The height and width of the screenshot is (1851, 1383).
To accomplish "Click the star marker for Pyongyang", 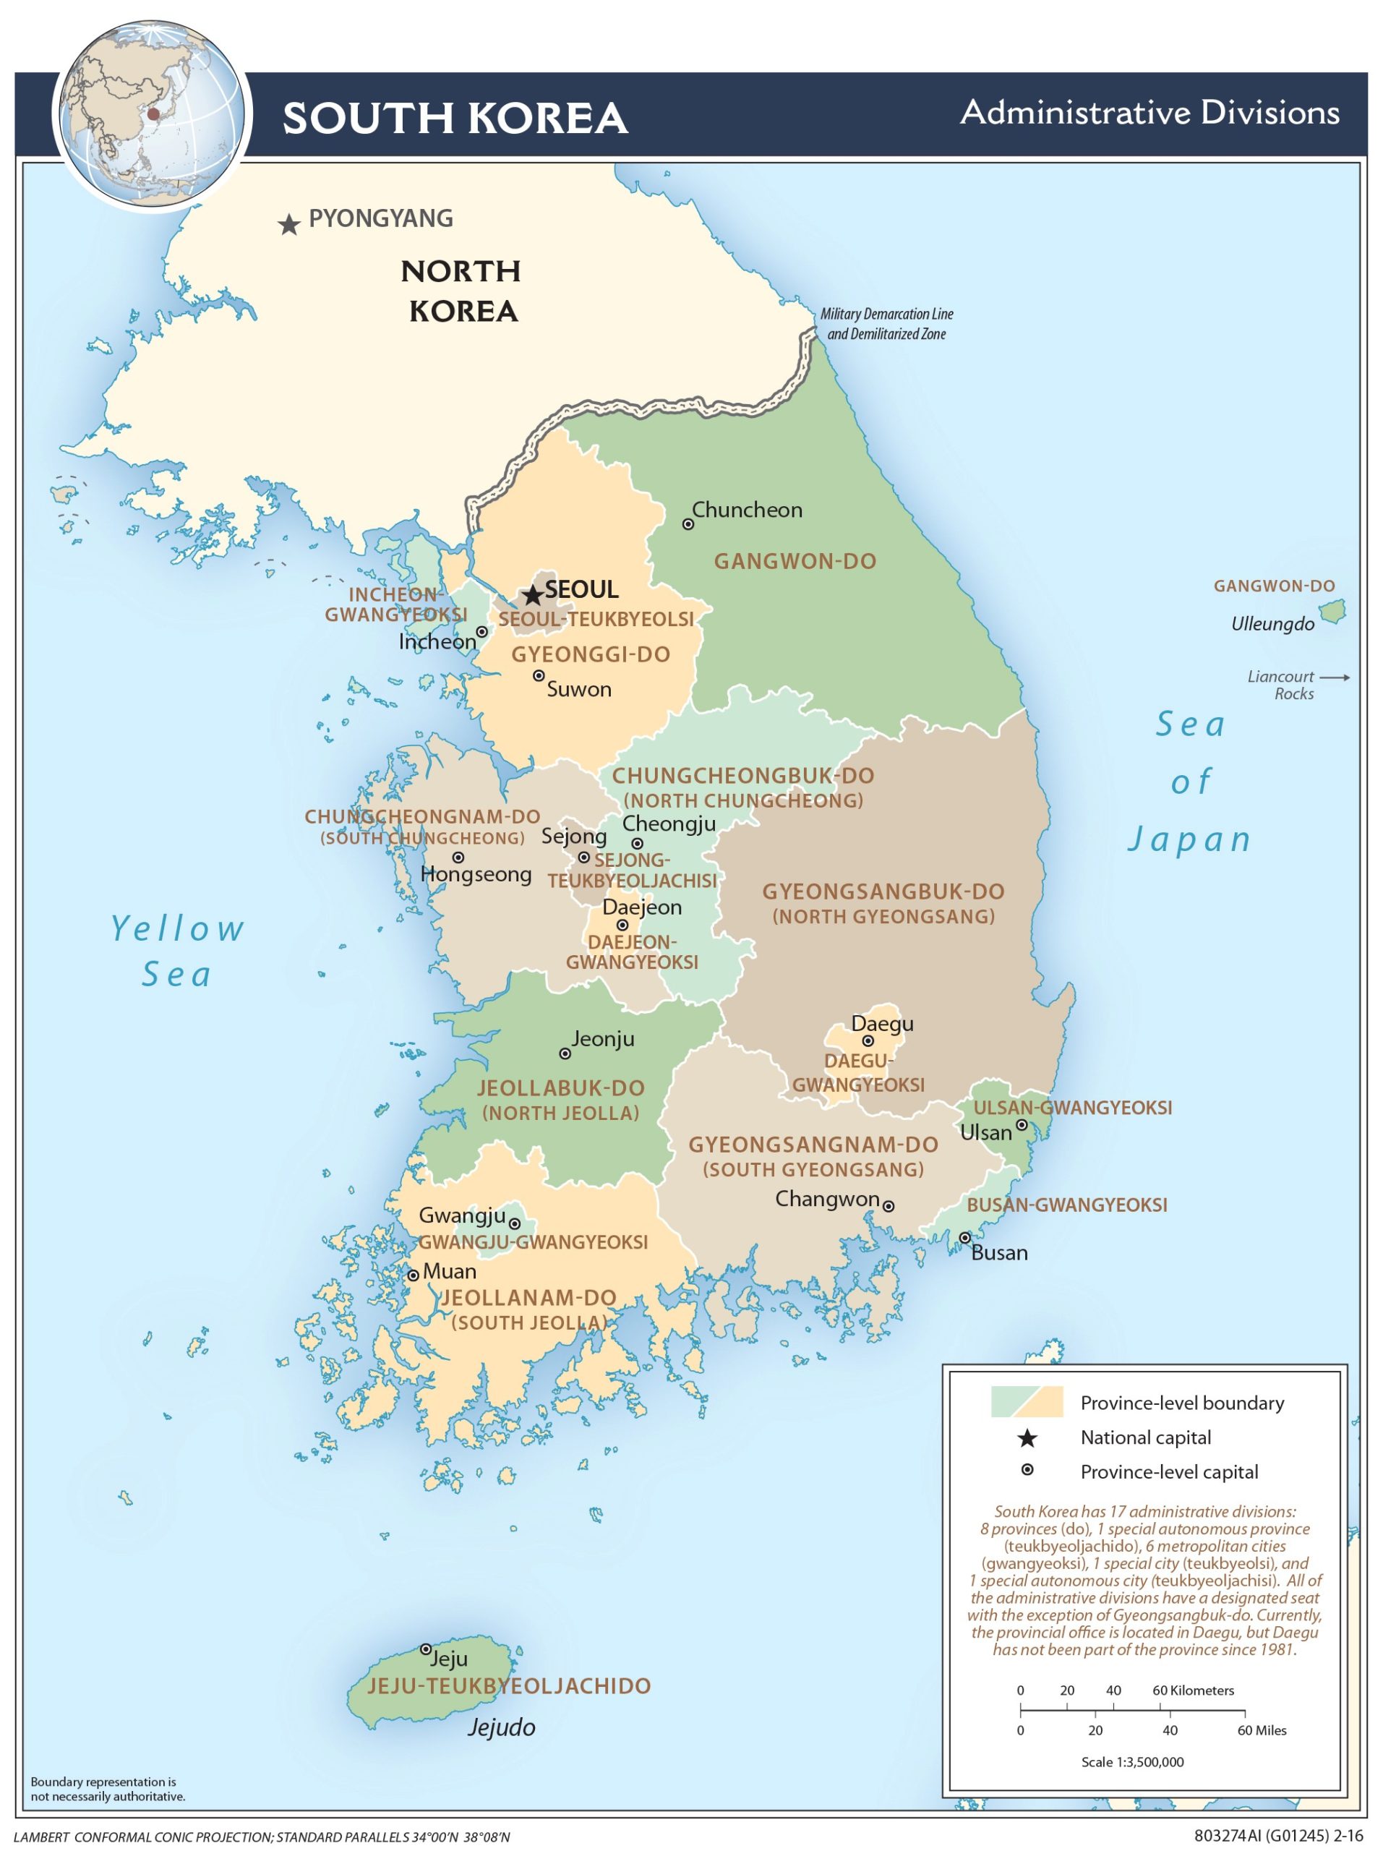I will click(288, 224).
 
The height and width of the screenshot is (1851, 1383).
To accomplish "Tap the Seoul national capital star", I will click(533, 596).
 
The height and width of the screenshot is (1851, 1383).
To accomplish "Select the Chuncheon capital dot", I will click(688, 523).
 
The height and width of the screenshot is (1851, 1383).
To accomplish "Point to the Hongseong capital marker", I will click(458, 857).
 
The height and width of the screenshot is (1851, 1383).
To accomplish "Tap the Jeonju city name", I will click(602, 1038).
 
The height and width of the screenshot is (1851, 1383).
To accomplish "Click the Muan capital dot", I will click(413, 1275).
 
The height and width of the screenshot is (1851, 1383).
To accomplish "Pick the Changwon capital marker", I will click(889, 1206).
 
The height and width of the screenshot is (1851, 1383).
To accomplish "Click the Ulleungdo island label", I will click(1272, 623).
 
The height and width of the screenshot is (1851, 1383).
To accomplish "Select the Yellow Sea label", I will click(177, 952).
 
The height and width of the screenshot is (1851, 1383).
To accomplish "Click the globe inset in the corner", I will click(151, 115).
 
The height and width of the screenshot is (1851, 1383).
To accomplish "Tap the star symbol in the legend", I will click(1027, 1437).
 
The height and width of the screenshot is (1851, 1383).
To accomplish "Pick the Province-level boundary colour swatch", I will click(1027, 1402).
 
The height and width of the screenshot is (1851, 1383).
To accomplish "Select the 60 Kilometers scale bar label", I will click(1192, 1690).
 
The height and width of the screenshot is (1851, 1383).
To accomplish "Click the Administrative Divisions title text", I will click(1149, 112).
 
